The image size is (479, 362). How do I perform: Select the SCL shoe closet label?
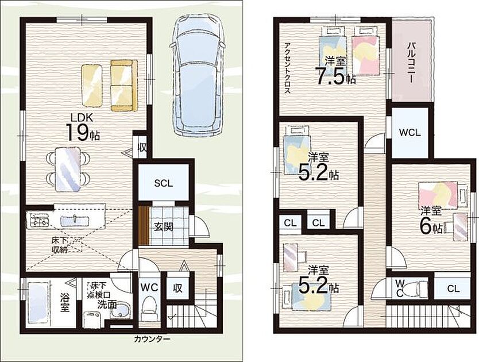click(164, 183)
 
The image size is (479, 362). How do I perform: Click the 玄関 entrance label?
click(164, 226)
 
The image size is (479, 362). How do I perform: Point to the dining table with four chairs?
click(68, 169)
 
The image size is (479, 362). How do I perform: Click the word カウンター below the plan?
click(152, 339)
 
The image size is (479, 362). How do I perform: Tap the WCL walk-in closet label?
click(410, 133)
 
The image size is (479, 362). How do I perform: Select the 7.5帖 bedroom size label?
click(335, 74)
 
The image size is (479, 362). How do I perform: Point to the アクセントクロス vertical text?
click(287, 68)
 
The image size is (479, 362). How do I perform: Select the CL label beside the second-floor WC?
click(453, 288)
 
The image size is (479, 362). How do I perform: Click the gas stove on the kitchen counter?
click(39, 219)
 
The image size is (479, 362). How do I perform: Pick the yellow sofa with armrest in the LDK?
click(123, 85)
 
